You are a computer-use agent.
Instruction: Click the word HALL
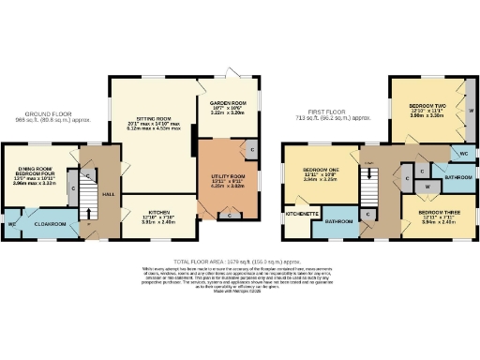[x=108, y=193]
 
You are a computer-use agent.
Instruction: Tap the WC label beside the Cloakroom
[x=12, y=224]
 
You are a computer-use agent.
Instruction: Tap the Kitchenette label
[x=301, y=214]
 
